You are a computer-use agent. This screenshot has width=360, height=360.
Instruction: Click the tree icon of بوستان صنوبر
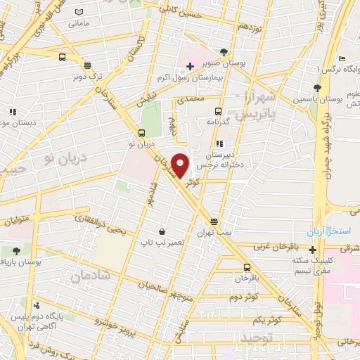[224, 52]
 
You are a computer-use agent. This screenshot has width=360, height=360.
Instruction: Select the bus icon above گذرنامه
[217, 111]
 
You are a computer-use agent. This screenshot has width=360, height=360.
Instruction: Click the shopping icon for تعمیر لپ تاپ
[162, 231]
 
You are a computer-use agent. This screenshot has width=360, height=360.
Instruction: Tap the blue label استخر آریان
[326, 232]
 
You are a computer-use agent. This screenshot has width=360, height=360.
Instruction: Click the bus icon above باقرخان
[247, 267]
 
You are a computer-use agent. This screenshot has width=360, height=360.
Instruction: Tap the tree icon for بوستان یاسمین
[317, 88]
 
